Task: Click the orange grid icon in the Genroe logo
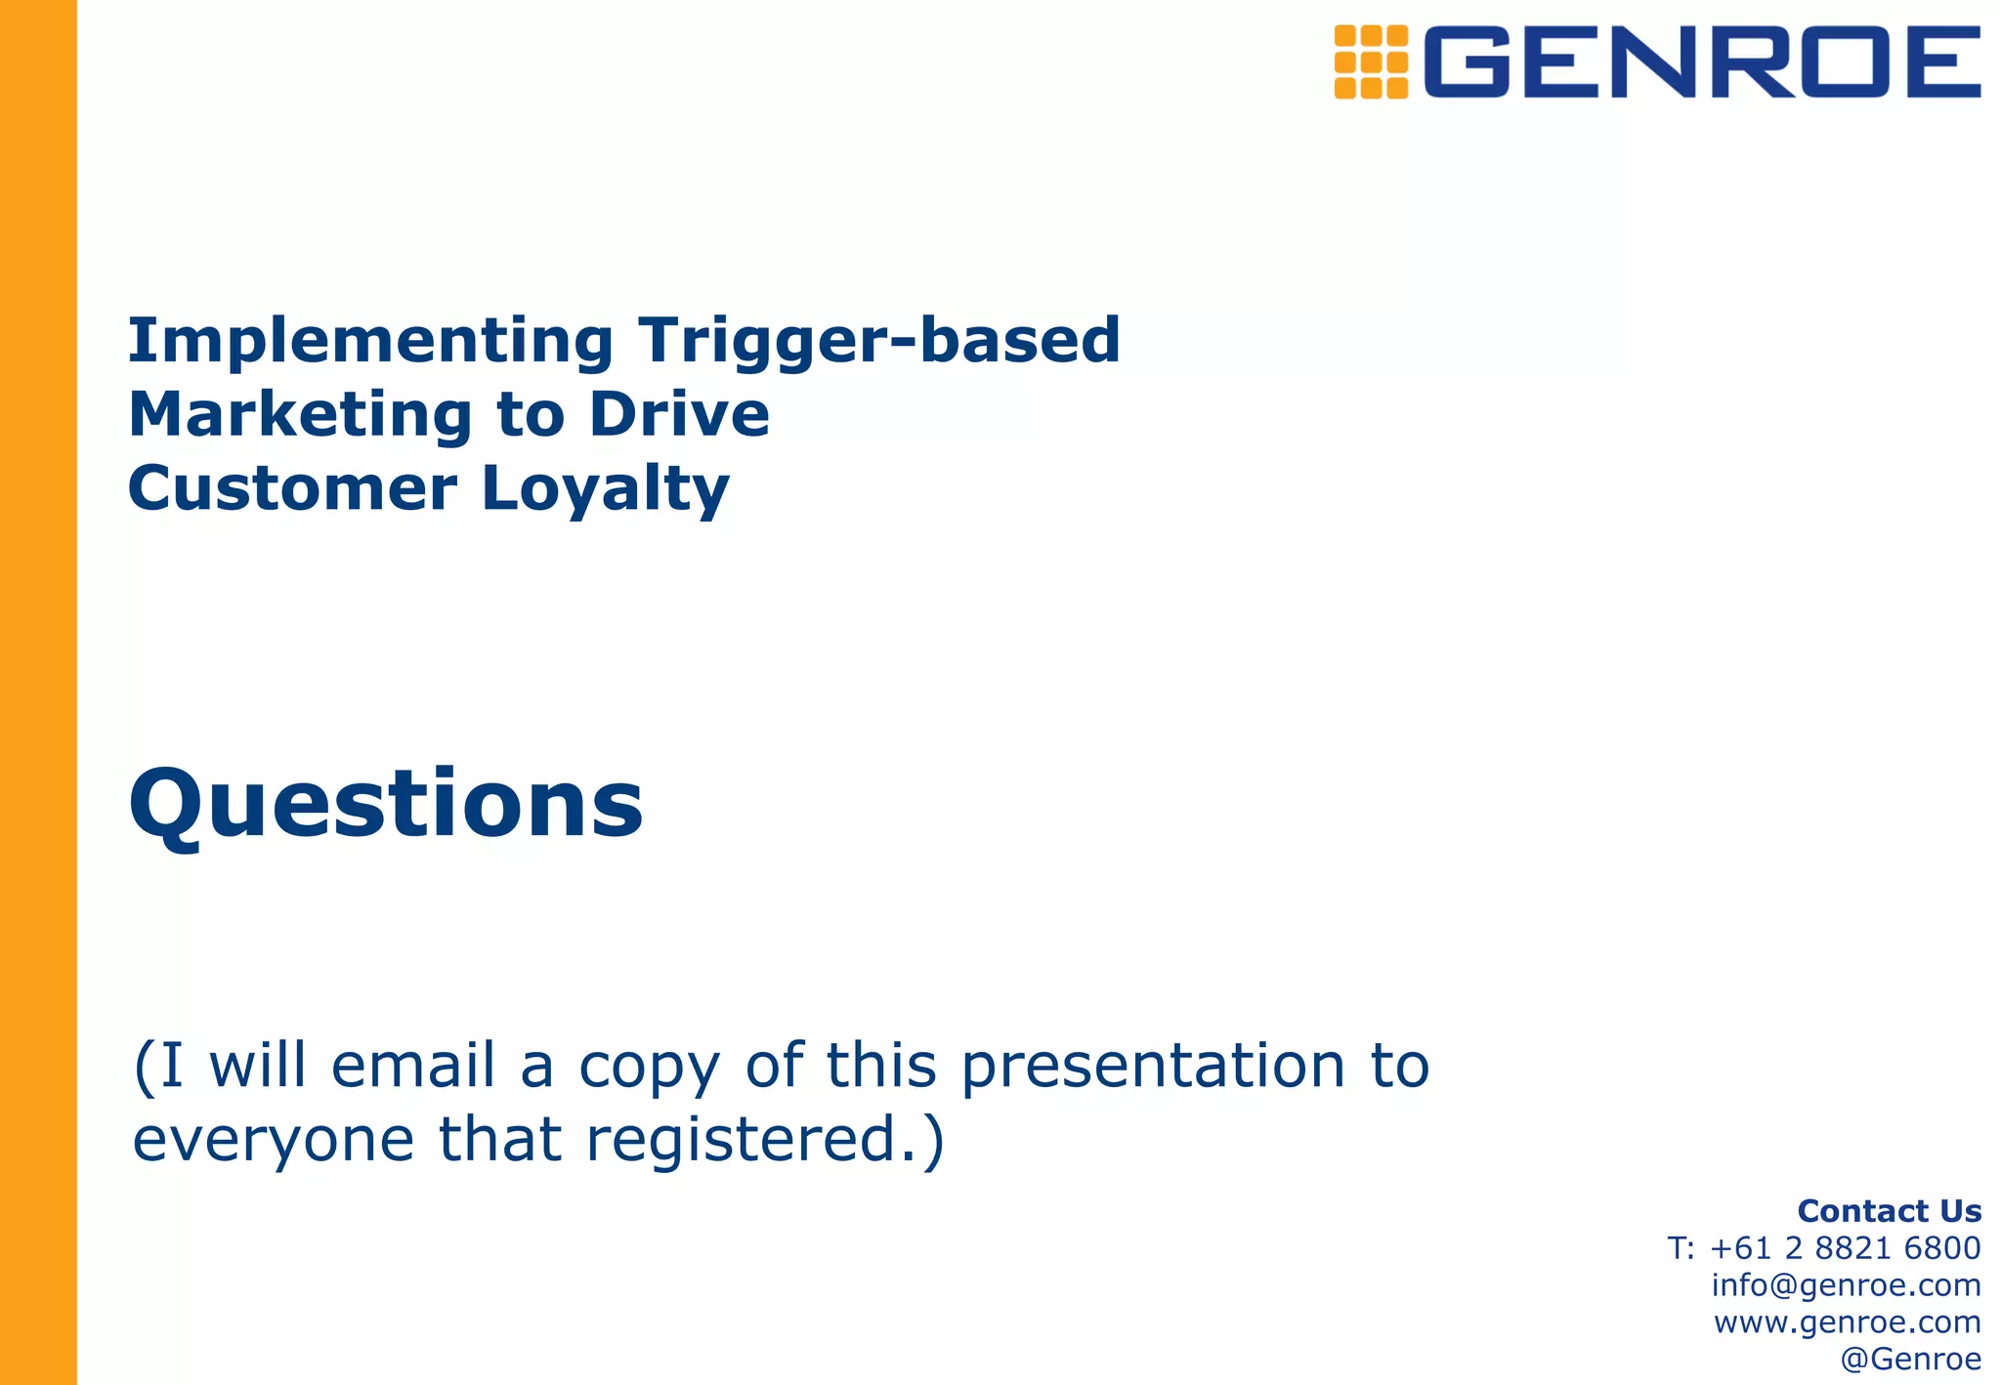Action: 1371,62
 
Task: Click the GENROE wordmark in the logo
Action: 1702,62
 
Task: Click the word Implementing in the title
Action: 370,342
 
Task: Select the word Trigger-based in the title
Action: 879,342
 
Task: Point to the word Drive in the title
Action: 679,415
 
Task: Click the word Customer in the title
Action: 292,488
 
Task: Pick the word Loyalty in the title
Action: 606,490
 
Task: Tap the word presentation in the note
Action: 1154,1067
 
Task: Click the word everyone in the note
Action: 274,1141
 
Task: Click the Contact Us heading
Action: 1889,1211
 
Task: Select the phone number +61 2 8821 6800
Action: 1846,1248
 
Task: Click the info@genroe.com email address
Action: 1846,1285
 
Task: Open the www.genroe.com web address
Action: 1847,1322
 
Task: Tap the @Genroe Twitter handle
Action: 1910,1360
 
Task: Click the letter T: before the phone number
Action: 1681,1248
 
